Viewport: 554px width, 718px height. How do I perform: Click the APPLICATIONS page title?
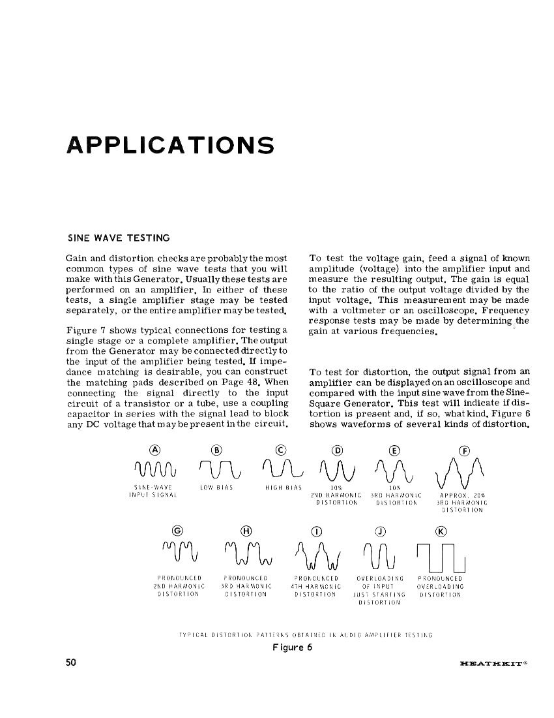click(170, 145)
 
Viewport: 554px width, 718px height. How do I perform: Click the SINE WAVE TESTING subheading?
click(119, 238)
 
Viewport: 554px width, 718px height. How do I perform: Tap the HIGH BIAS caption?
click(281, 488)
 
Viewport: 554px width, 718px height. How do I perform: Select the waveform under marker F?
click(463, 473)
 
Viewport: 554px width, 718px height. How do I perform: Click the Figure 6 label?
click(292, 648)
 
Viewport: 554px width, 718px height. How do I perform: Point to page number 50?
click(71, 663)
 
